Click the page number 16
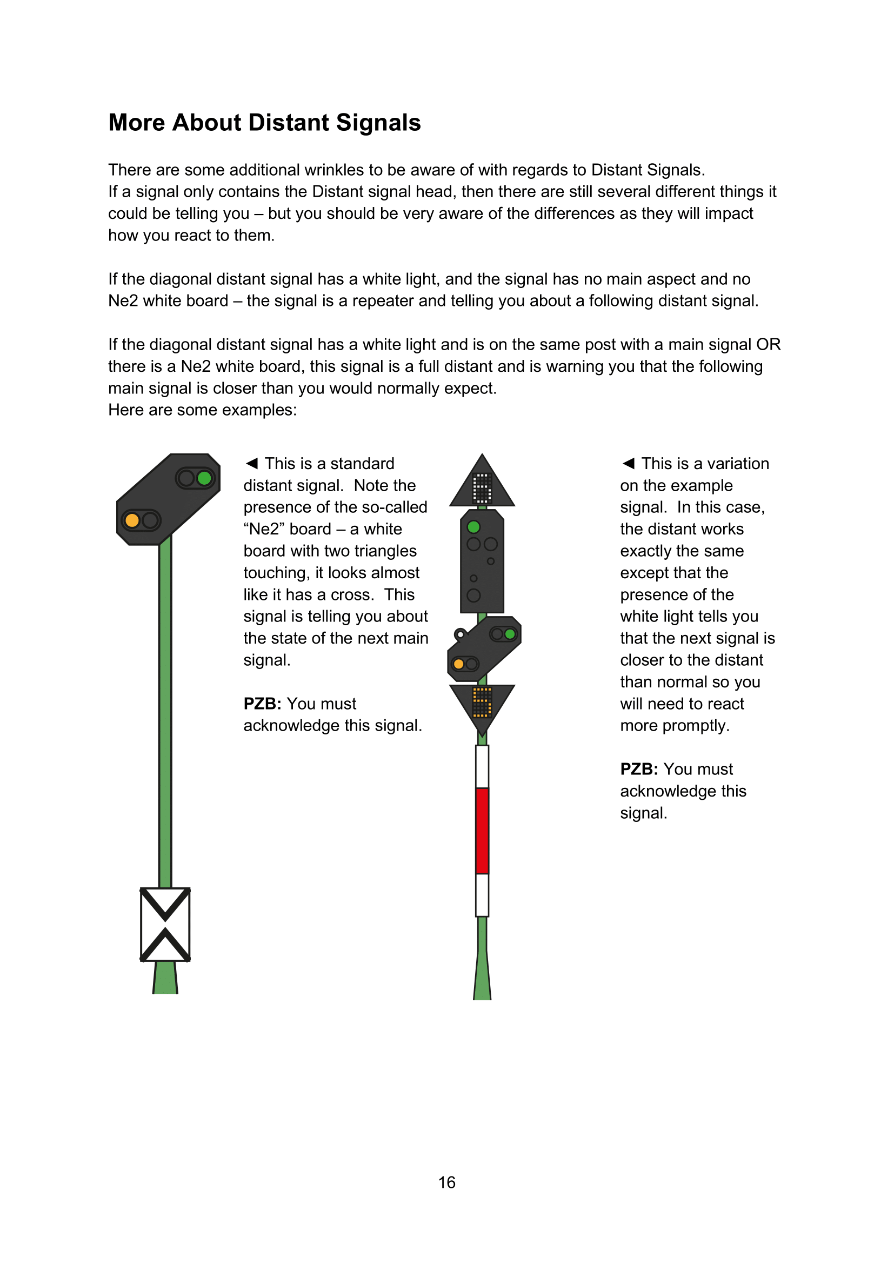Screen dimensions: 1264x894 (446, 1182)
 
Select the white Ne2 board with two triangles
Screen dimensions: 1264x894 (165, 924)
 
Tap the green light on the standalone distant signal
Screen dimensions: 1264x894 (204, 478)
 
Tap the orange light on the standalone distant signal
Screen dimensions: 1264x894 (132, 520)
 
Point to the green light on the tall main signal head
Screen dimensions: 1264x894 (473, 527)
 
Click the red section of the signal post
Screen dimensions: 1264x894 (482, 830)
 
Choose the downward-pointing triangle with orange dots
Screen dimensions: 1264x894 (482, 704)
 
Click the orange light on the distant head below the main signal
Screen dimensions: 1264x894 (458, 664)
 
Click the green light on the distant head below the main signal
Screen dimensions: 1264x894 (510, 634)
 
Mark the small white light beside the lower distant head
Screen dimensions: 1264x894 (460, 635)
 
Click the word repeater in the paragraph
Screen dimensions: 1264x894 (411, 301)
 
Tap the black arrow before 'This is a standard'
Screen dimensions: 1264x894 (252, 464)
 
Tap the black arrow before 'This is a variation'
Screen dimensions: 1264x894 (629, 464)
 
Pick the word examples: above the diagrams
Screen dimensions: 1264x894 (261, 410)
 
